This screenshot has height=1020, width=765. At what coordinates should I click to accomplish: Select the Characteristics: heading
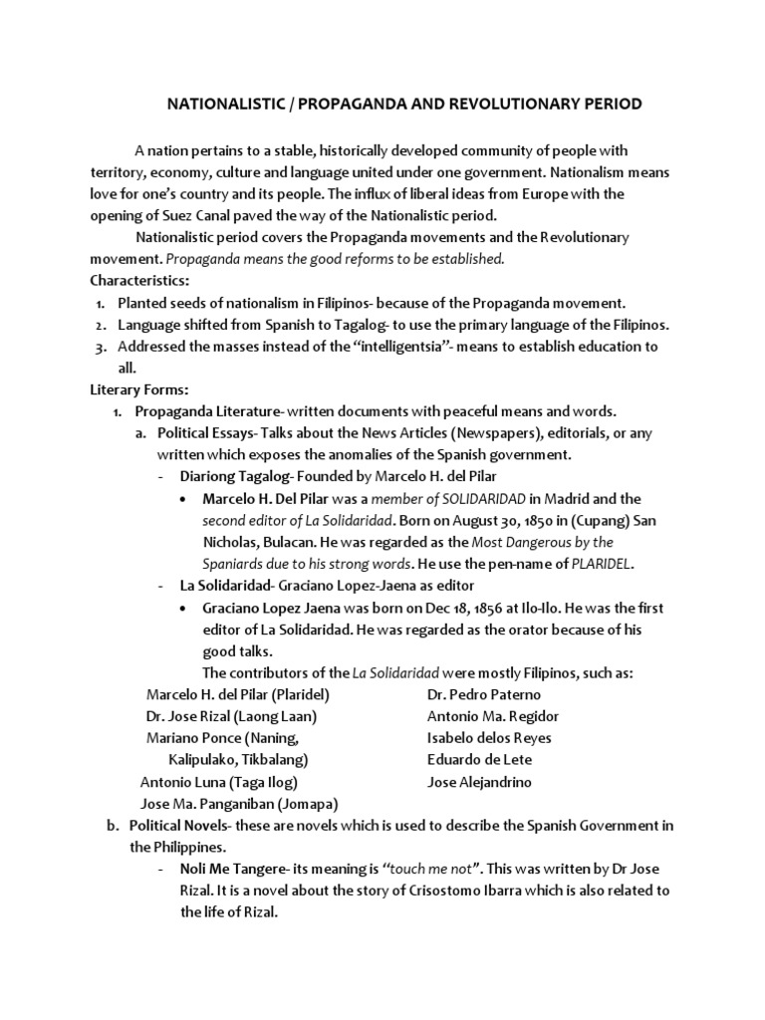point(138,281)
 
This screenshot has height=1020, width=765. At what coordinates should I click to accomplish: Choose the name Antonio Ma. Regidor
point(492,716)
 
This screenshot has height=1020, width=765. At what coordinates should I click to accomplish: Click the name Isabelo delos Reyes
point(488,738)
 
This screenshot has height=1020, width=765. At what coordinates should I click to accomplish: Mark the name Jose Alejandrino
point(479,782)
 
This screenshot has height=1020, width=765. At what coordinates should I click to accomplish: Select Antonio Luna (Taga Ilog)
point(219,782)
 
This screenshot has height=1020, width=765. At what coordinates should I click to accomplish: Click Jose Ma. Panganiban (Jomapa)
point(239,804)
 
